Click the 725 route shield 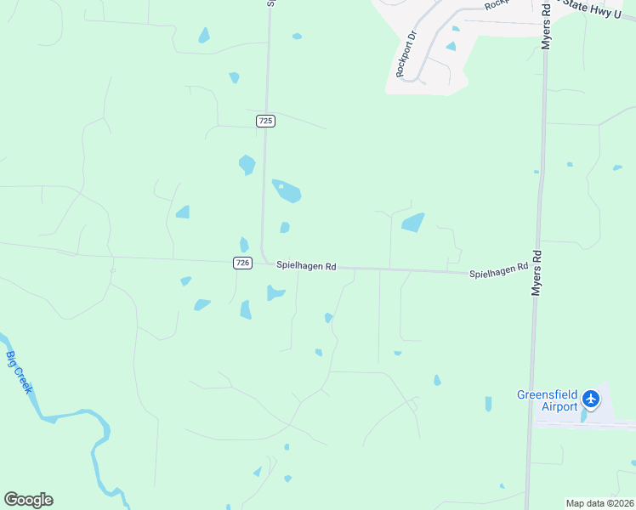[x=265, y=122]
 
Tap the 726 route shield [x=243, y=263]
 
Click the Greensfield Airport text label [x=548, y=400]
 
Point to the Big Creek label [x=19, y=371]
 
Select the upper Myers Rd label [x=548, y=25]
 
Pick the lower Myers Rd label [x=537, y=273]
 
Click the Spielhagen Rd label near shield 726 [x=306, y=266]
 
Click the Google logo [x=28, y=500]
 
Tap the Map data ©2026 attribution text [x=599, y=503]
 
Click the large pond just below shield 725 [x=287, y=191]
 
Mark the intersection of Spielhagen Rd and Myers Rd [x=536, y=274]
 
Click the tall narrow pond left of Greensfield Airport [x=488, y=404]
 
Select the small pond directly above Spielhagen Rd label [x=285, y=227]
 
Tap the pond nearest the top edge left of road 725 [x=204, y=35]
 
